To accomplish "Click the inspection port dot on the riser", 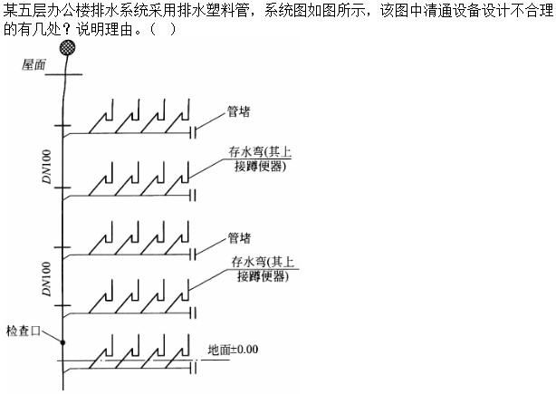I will pos(63,342).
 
